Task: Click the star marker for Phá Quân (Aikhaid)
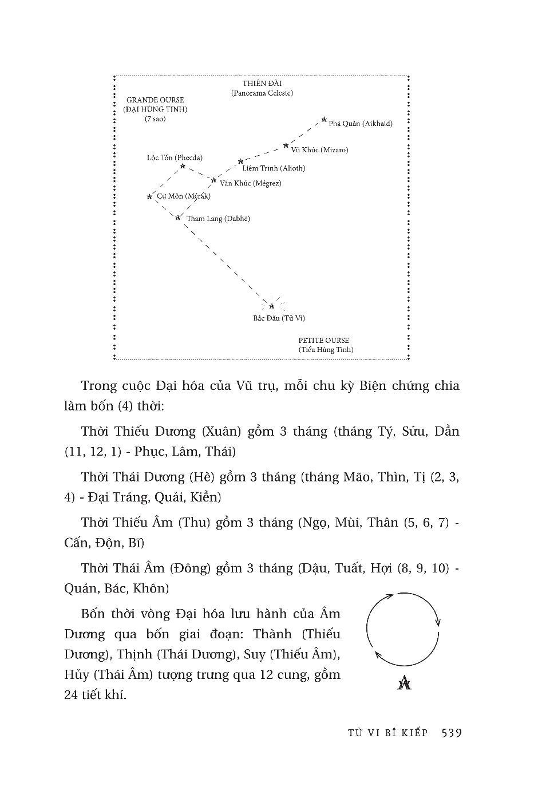coord(324,120)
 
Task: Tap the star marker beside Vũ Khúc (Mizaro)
coord(286,146)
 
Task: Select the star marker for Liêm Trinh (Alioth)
coord(240,161)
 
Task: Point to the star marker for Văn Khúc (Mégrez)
coord(213,180)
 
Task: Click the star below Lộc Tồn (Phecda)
coord(183,166)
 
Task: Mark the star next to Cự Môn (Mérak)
coord(149,197)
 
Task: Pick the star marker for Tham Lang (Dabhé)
coord(178,217)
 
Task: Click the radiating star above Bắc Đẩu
coord(272,306)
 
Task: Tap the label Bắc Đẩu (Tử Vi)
coord(279,318)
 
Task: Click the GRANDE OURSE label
coord(155,100)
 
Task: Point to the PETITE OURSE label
coord(323,340)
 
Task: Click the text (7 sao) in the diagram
coord(155,119)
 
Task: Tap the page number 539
coord(452,733)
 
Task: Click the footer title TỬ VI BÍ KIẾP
coord(387,733)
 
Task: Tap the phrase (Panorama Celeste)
coord(262,93)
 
